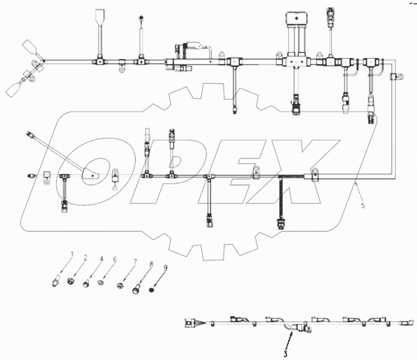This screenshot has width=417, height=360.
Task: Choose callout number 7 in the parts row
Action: pyautogui.click(x=135, y=262)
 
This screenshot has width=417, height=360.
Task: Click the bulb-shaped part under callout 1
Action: pyautogui.click(x=55, y=282)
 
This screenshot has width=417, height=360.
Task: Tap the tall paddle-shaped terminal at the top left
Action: pyautogui.click(x=99, y=21)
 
